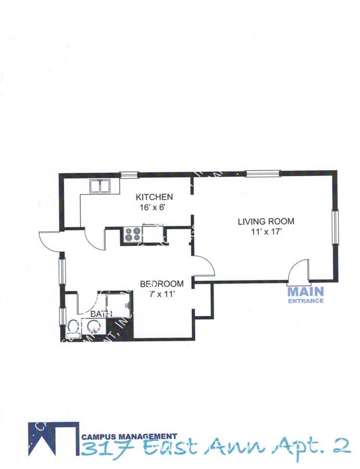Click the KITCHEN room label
[154, 197]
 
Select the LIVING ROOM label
[266, 221]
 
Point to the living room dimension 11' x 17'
[266, 231]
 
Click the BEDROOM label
[162, 284]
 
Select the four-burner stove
[132, 235]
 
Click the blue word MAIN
[305, 292]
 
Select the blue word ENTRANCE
[305, 301]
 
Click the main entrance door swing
[300, 271]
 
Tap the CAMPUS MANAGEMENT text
[129, 436]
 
